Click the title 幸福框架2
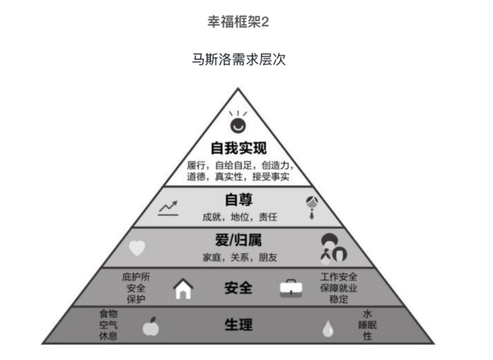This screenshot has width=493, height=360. click(x=238, y=22)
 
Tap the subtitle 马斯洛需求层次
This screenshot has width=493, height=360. click(x=239, y=59)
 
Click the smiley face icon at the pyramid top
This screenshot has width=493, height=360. click(x=238, y=123)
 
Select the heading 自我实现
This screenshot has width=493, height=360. click(x=239, y=148)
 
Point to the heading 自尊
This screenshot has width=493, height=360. click(x=239, y=200)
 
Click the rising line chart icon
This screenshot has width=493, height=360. click(x=168, y=208)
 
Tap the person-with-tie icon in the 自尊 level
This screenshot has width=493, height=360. click(x=312, y=207)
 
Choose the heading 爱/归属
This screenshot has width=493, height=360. click(x=238, y=240)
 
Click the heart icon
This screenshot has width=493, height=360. click(x=137, y=248)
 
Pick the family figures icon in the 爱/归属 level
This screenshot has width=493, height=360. click(x=333, y=248)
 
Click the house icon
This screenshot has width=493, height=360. click(x=184, y=288)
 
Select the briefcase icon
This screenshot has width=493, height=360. click(x=291, y=288)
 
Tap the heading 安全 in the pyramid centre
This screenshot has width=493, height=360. click(x=238, y=288)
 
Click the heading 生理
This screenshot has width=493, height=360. click(x=238, y=325)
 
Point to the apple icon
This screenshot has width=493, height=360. click(x=151, y=326)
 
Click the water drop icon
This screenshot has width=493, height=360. click(x=328, y=329)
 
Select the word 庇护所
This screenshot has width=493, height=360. click(x=136, y=277)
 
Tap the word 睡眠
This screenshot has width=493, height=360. click(x=367, y=325)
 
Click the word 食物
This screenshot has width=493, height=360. click(x=109, y=313)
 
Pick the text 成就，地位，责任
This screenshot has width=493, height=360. click(x=240, y=217)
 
